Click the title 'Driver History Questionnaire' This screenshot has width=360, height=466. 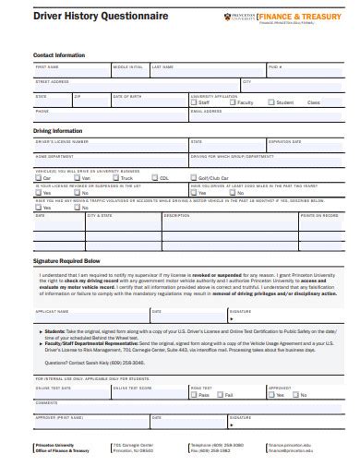(80, 15)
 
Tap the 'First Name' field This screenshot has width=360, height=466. (71, 71)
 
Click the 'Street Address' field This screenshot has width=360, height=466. (134, 86)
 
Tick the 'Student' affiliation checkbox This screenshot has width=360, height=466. (270, 102)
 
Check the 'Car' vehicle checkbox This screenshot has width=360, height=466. (39, 177)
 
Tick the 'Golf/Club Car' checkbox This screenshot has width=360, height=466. (193, 177)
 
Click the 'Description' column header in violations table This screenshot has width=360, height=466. (175, 214)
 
